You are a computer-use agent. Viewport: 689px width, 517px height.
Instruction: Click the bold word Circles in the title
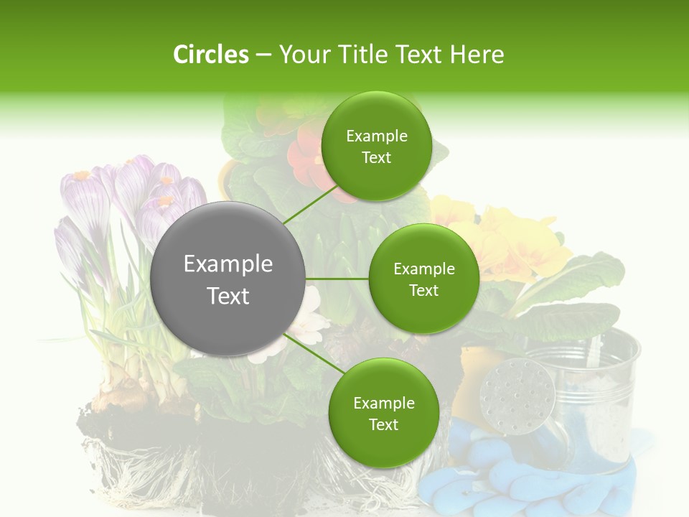click(210, 55)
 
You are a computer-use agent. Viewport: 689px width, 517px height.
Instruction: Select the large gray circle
click(228, 279)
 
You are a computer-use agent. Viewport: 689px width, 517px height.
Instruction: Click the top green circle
click(376, 146)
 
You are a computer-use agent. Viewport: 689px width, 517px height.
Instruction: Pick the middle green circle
click(423, 279)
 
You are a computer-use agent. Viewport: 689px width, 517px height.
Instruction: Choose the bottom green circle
click(383, 413)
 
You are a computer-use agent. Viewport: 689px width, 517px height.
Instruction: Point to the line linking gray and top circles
click(310, 205)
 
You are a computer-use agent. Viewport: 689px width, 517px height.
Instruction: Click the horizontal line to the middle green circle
click(337, 279)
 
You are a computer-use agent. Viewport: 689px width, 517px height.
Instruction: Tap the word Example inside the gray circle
click(228, 264)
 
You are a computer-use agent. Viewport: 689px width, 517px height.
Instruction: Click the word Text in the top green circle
click(376, 158)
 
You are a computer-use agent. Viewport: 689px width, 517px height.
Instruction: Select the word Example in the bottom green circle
click(383, 403)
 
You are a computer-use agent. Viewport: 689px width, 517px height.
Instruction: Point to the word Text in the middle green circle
click(423, 290)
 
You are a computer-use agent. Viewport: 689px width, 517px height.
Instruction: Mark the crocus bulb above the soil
click(129, 391)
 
